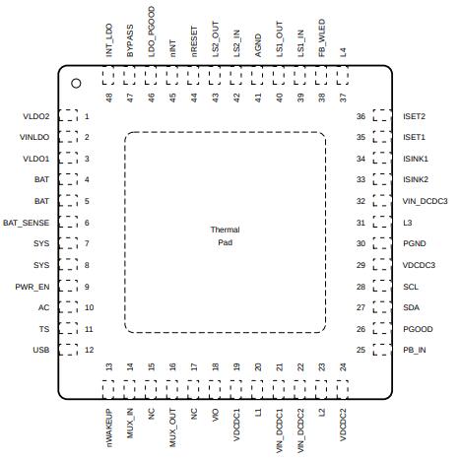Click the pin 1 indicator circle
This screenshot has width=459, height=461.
click(76, 84)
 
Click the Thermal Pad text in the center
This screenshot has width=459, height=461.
click(226, 236)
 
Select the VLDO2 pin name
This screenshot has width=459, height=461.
click(36, 116)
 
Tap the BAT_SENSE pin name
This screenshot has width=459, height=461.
click(27, 223)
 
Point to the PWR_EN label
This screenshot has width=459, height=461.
click(33, 287)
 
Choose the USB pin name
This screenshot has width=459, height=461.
click(41, 350)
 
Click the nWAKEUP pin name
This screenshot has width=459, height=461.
click(109, 428)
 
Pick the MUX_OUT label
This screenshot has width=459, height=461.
click(172, 428)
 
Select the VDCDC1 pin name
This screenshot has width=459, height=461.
click(236, 425)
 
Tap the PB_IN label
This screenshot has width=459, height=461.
click(415, 350)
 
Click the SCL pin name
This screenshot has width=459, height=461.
click(411, 287)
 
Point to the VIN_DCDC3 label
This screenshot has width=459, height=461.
click(425, 201)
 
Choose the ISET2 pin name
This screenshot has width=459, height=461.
click(414, 116)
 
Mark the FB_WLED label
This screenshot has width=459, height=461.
click(322, 37)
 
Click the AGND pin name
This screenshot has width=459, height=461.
click(258, 45)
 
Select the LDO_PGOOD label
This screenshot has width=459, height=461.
click(152, 32)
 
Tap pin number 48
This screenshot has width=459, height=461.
click(109, 98)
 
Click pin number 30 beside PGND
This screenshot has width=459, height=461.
click(361, 243)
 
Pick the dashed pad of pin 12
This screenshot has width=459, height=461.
click(68, 350)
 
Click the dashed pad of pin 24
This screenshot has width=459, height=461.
click(343, 390)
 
